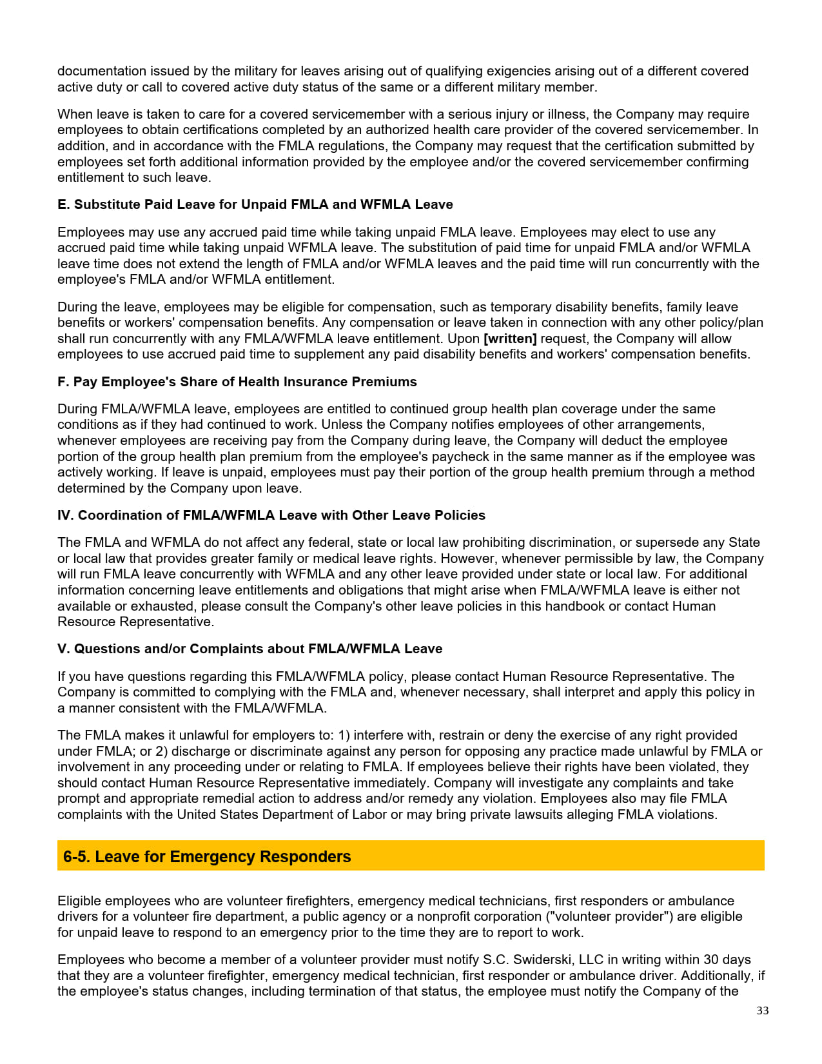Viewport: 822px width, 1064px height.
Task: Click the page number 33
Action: (762, 1010)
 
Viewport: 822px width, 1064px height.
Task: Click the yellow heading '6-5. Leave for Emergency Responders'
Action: (207, 856)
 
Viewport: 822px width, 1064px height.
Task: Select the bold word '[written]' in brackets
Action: (509, 339)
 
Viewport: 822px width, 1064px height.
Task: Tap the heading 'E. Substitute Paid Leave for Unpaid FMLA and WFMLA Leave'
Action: (255, 204)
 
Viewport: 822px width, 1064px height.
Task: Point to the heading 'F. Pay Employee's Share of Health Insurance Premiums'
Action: (237, 382)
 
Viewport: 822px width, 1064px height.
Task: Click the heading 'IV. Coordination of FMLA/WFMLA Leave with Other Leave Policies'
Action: (271, 515)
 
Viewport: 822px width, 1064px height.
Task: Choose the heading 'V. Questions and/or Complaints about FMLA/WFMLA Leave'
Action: (250, 649)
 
